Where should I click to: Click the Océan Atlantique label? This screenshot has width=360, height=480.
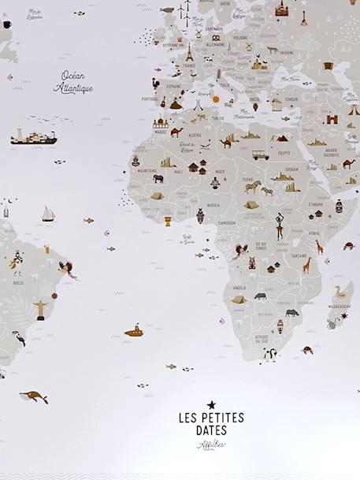(x=73, y=82)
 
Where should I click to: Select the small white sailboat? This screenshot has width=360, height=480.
(x=48, y=214)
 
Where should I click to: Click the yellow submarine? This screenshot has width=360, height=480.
(x=134, y=331)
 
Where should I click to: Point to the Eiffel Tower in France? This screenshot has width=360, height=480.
(x=189, y=53)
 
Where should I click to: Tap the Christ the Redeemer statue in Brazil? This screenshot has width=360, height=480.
(x=39, y=306)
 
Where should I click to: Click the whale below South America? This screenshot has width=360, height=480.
(x=34, y=396)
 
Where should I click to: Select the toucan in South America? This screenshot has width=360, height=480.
(x=18, y=338)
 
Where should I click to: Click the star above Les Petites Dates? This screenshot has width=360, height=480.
(x=211, y=405)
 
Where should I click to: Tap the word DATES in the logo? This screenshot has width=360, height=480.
(x=211, y=430)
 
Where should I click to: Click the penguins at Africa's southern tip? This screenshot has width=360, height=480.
(x=269, y=354)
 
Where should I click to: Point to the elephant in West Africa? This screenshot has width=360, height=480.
(x=158, y=178)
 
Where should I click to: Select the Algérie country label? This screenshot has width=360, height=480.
(x=194, y=135)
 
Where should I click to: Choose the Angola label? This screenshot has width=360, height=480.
(x=239, y=288)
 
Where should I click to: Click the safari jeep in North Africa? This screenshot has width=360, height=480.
(x=260, y=155)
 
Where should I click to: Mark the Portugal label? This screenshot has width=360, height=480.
(x=150, y=99)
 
